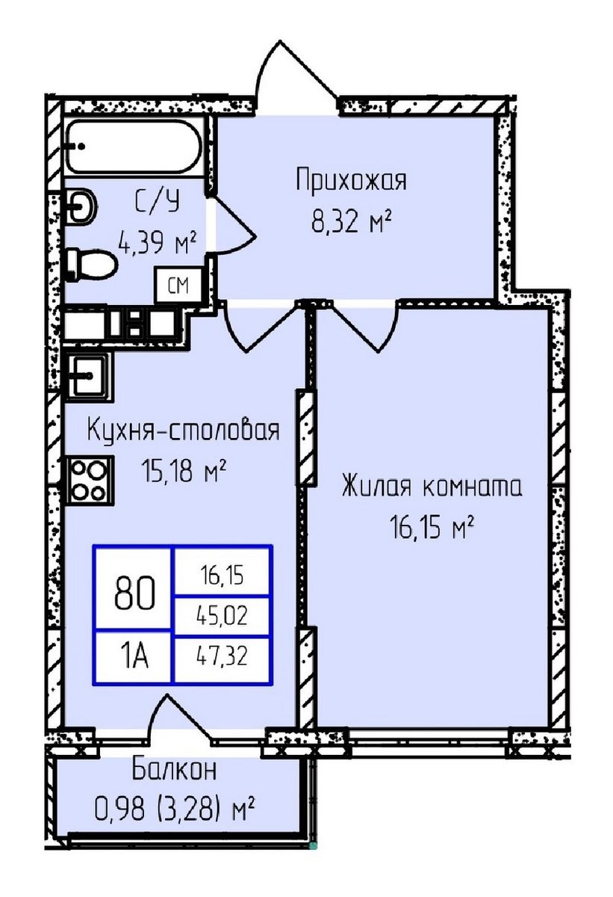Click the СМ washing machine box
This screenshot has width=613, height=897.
[177, 285]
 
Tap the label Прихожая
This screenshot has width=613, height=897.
[350, 181]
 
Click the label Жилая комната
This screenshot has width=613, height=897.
[431, 487]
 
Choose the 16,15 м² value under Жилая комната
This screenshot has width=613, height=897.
[431, 528]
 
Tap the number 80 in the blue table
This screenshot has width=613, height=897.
[134, 594]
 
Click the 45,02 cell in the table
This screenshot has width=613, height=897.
[223, 617]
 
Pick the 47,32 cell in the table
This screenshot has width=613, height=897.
[223, 659]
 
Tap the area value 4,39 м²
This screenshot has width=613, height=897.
[157, 241]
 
